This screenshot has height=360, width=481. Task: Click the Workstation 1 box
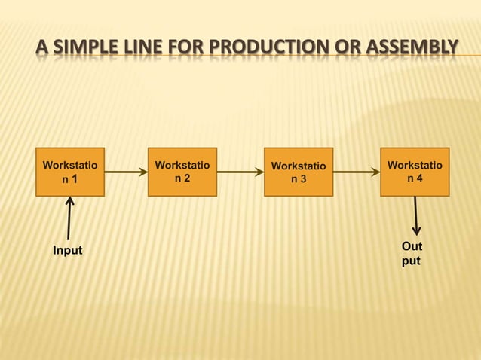[70, 172]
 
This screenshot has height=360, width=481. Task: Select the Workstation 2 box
[182, 172]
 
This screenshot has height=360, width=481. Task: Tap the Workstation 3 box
[299, 172]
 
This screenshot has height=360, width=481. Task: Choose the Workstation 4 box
[415, 172]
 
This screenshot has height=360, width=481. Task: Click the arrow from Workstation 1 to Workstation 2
[126, 172]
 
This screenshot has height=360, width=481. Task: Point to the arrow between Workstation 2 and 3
[240, 172]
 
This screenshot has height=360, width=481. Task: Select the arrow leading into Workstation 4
[357, 172]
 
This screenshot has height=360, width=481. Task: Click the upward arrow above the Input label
[69, 218]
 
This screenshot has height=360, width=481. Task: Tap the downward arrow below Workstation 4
[415, 215]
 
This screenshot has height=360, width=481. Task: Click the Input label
[67, 250]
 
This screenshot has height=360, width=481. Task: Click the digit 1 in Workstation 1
[75, 179]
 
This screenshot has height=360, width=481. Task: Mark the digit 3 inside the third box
[304, 180]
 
